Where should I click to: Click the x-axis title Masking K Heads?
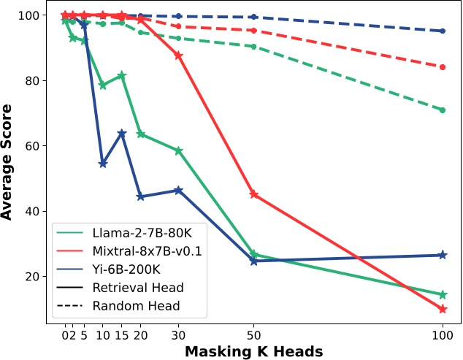[253, 351]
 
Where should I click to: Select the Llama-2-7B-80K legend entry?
[134, 234]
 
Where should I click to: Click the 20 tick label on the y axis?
[32, 277]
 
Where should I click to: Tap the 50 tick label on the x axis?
[253, 334]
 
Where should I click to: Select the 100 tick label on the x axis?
[442, 334]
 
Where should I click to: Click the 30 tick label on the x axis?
[178, 334]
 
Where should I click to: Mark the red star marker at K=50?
[253, 194]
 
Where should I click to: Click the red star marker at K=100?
[442, 309]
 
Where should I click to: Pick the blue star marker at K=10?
[103, 164]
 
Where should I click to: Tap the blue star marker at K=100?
[442, 255]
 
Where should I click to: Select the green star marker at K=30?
[178, 150]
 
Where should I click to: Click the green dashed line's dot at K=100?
[442, 110]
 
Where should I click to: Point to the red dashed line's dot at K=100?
[442, 66]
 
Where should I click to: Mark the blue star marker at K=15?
[122, 133]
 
